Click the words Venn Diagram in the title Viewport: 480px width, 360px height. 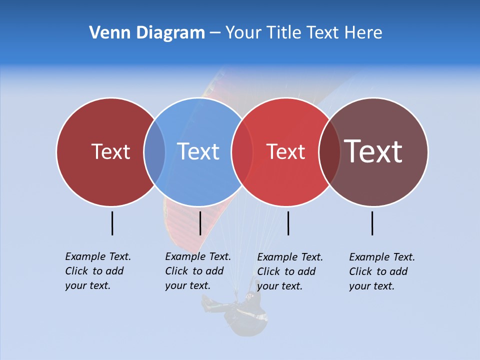pos(147,33)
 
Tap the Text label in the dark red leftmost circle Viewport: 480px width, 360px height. pos(110,151)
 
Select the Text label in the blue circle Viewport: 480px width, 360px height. pos(198,151)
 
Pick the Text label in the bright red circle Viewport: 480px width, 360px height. pos(285,151)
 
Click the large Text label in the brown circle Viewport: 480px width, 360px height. pos(373,151)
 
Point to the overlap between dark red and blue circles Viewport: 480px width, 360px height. pos(154,151)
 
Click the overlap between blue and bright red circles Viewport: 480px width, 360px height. pos(242,151)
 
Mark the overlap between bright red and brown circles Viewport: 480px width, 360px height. pos(329,151)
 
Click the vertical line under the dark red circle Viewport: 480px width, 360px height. pos(112,223)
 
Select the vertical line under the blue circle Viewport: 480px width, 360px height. pos(200,223)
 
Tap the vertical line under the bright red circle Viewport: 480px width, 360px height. pos(288,223)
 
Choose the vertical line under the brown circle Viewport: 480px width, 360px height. pos(372,223)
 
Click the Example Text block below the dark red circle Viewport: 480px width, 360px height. pos(97,271)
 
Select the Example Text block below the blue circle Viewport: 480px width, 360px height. pos(197,271)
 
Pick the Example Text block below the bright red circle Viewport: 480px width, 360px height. pos(289,271)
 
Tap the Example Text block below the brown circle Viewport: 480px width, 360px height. pos(381,271)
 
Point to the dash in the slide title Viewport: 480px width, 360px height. pos(215,33)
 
